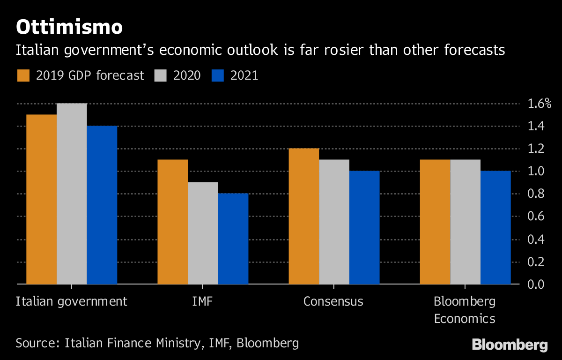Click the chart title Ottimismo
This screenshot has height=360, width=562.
tap(69, 27)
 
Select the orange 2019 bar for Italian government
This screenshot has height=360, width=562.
tap(42, 199)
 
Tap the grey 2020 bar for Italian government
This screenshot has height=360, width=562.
tap(72, 194)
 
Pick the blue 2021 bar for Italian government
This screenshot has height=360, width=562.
tap(102, 205)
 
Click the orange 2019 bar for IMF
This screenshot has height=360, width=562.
tap(173, 222)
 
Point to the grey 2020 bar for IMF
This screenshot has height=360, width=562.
tap(203, 233)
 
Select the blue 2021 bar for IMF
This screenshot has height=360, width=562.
tap(233, 239)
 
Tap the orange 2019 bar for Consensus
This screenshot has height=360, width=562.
tap(304, 216)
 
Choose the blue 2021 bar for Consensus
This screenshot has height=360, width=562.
tap(364, 227)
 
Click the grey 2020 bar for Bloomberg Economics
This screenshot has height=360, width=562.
tap(465, 222)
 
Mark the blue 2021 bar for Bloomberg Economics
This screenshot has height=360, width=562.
tap(495, 227)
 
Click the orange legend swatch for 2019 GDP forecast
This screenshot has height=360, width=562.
tap(23, 75)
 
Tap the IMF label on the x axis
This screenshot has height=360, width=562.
tap(202, 301)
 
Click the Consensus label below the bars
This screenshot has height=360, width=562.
tap(333, 301)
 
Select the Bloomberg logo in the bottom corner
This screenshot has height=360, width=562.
tap(510, 345)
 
